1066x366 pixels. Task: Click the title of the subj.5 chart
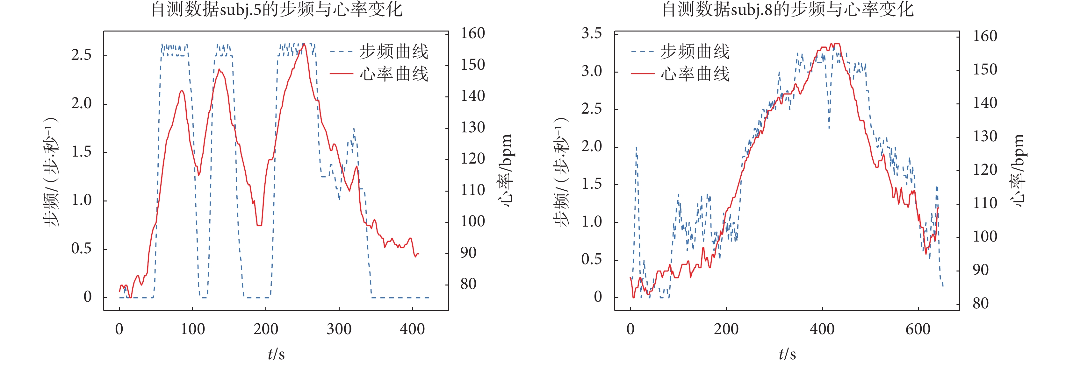click(277, 9)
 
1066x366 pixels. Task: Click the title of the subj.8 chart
click(788, 9)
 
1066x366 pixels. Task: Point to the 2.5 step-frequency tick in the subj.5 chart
click(81, 55)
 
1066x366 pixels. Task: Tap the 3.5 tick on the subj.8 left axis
click(591, 33)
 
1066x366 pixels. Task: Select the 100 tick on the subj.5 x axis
click(192, 329)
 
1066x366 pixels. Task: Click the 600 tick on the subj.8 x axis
click(918, 329)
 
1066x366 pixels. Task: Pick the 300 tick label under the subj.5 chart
click(339, 329)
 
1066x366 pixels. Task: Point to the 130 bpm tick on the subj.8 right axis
click(984, 136)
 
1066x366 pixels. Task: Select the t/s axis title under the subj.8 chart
click(787, 354)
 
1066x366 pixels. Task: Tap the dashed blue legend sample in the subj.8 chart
click(642, 52)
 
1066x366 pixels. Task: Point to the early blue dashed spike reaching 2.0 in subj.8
click(636, 148)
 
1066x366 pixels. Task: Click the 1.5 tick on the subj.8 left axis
click(591, 184)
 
